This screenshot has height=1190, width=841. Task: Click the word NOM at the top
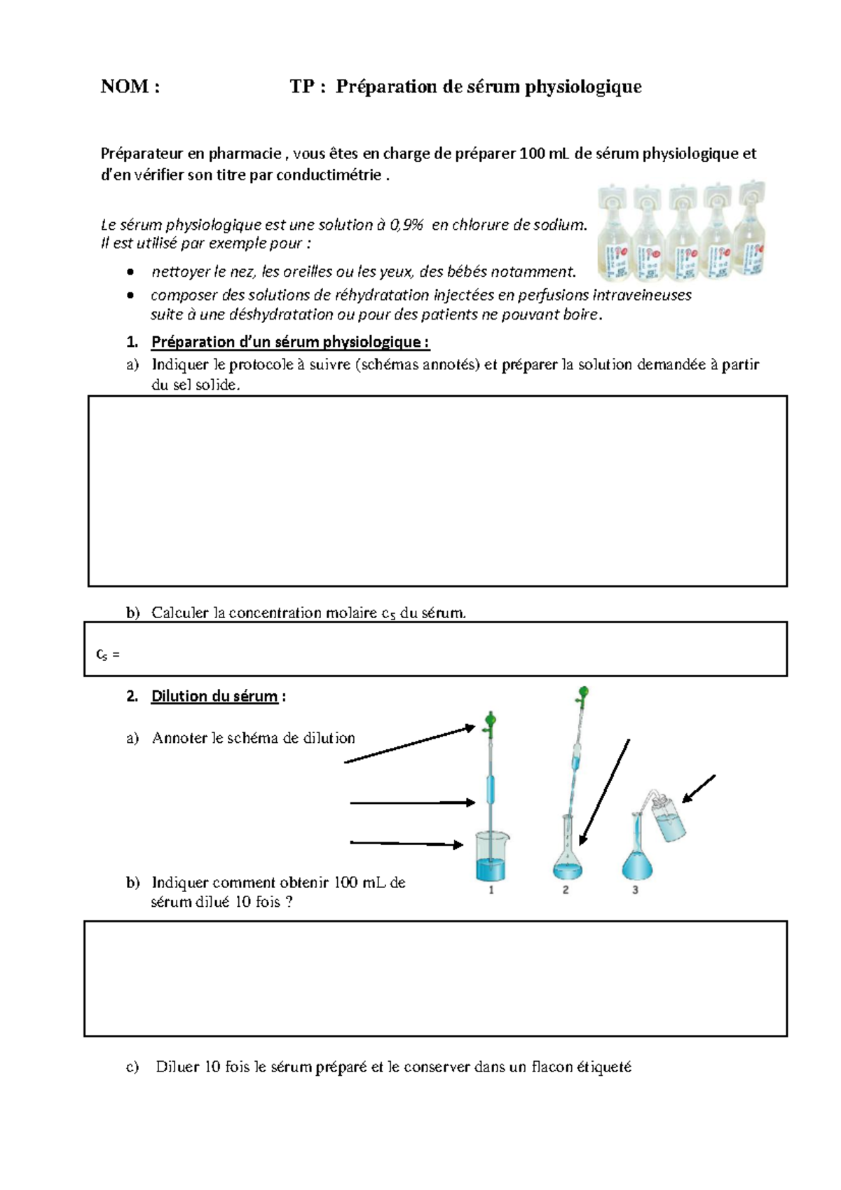(125, 87)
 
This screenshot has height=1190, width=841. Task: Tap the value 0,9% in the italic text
(406, 225)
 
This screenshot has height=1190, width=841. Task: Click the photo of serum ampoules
(681, 231)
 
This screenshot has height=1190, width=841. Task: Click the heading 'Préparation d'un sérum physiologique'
(290, 342)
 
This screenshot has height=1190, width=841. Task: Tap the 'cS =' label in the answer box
(107, 655)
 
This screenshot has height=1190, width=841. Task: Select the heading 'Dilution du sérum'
(214, 696)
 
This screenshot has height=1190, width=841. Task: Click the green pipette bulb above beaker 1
(491, 720)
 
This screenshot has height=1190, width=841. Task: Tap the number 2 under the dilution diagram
(566, 890)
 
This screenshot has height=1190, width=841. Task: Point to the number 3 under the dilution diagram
(636, 890)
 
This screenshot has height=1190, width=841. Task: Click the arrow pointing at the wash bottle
(699, 788)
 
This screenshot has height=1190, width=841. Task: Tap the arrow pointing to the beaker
(406, 844)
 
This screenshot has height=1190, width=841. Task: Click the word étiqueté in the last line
(603, 1067)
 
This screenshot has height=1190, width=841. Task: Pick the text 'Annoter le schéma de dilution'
(253, 738)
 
